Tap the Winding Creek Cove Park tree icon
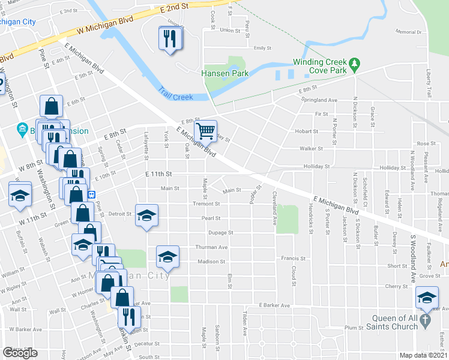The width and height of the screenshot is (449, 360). (x=355, y=62)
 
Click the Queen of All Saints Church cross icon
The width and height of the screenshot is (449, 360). (x=425, y=320)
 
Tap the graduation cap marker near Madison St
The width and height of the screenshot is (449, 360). (x=167, y=257)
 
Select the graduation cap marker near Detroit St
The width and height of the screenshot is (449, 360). (x=146, y=216)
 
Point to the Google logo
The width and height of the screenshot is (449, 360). (x=20, y=353)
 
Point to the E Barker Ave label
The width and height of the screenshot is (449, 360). (x=274, y=305)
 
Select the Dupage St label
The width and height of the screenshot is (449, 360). (x=220, y=232)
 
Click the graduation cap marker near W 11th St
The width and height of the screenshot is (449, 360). (x=20, y=196)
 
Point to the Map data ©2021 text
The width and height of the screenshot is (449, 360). (x=424, y=355)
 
